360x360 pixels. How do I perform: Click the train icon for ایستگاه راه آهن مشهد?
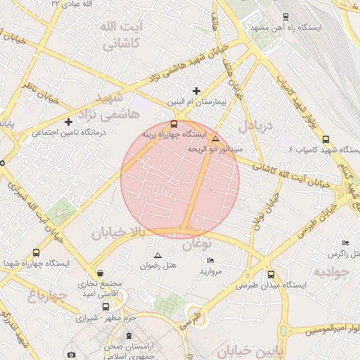click(285, 15)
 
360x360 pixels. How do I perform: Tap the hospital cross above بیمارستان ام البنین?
click(196, 90)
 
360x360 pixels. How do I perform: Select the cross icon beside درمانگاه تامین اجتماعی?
click(68, 122)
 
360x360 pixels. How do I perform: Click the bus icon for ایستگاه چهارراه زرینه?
click(174, 124)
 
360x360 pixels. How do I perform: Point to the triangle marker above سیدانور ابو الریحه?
click(215, 139)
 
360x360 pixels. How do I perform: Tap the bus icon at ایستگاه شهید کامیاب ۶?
click(325, 139)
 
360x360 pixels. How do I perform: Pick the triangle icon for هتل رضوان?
click(157, 255)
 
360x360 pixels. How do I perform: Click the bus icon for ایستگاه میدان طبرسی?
click(271, 274)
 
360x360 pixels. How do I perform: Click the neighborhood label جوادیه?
click(330, 271)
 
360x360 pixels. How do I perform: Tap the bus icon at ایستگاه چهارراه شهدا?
click(36, 252)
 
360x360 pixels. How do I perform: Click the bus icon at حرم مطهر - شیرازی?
click(105, 307)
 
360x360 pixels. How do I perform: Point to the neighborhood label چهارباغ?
click(42, 295)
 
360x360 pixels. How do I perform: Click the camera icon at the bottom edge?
click(71, 355)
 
